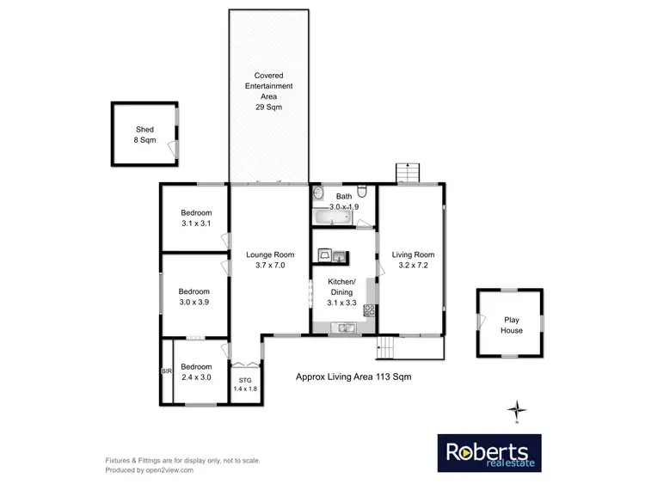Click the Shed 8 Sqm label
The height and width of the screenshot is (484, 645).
click(x=144, y=134)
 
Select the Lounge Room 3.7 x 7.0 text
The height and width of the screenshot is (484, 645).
click(x=270, y=260)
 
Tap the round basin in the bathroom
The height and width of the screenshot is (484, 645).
click(x=317, y=193)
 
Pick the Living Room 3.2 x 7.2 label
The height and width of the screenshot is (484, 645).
click(x=413, y=260)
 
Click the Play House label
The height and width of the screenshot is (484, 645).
click(x=513, y=325)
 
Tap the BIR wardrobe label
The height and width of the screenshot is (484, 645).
click(x=167, y=371)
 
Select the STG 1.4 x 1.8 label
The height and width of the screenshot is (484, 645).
click(x=245, y=383)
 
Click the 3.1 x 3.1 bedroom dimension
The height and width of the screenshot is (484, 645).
click(x=196, y=224)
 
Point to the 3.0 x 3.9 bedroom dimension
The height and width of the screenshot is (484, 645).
click(x=194, y=302)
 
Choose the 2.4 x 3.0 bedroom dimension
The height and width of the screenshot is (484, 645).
click(x=196, y=377)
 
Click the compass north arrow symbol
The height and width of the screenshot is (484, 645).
click(x=516, y=409)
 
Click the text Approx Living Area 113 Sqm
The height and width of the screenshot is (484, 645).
click(x=348, y=377)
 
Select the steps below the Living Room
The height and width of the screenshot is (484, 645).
click(x=386, y=349)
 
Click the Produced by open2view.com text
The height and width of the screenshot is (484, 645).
click(x=149, y=470)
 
